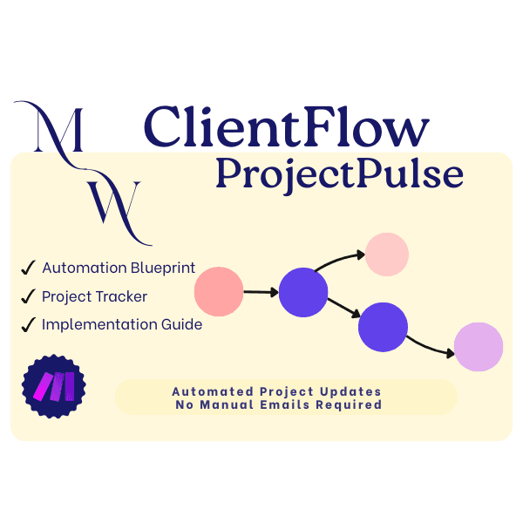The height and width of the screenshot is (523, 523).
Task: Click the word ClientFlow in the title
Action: (287, 128)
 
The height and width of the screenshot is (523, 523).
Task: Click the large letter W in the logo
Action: (113, 203)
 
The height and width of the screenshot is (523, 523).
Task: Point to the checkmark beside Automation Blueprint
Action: (28, 268)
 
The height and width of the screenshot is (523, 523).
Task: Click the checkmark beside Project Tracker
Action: (28, 296)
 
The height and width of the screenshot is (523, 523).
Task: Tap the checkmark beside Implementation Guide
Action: (28, 325)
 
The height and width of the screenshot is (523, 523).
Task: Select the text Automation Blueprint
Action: (119, 268)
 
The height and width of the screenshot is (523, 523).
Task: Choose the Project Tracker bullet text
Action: (95, 296)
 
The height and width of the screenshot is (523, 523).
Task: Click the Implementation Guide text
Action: (122, 324)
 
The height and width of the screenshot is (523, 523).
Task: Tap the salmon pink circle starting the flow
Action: (218, 291)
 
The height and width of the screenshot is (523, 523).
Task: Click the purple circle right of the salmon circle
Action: (303, 292)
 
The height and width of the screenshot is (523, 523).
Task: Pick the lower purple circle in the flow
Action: (384, 327)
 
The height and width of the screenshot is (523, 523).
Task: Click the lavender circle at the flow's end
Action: (479, 346)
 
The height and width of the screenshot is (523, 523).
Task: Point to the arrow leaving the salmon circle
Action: (261, 292)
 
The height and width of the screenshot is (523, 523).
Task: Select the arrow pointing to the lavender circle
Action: (432, 343)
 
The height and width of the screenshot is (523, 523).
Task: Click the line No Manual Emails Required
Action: (285, 404)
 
